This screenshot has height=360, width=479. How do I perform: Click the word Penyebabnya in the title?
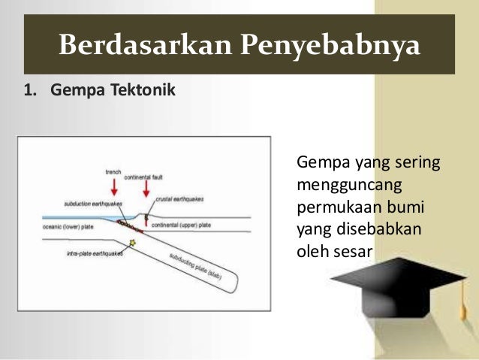coord(330,47)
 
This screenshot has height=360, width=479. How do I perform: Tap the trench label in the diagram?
coord(113,172)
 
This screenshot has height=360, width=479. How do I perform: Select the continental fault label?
coord(143,178)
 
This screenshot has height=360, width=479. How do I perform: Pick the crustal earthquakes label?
coord(179,199)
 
